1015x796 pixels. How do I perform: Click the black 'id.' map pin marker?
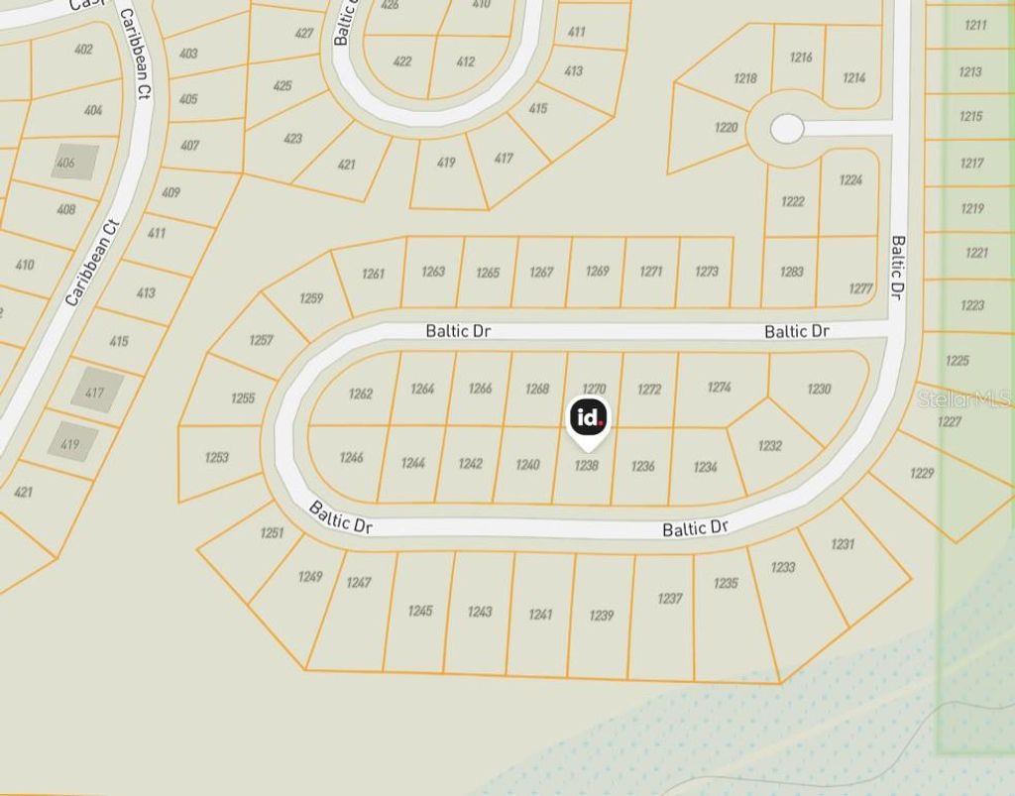tap(589, 418)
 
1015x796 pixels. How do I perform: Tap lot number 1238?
tap(587, 464)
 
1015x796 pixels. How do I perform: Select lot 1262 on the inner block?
tap(361, 394)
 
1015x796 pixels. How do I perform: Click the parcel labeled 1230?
tap(819, 389)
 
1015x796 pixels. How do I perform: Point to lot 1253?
tap(217, 457)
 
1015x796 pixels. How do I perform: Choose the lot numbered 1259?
tap(311, 297)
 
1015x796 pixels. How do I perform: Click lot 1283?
tap(791, 271)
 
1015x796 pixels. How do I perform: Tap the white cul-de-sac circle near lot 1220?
tap(787, 128)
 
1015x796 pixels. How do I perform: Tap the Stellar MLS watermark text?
tap(963, 398)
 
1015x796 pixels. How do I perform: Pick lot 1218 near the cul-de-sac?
tap(745, 78)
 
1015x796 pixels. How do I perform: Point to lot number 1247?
tap(359, 582)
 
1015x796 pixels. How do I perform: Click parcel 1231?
tap(842, 543)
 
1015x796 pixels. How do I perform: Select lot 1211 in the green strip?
tap(975, 24)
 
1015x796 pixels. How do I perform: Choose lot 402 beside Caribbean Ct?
tap(83, 50)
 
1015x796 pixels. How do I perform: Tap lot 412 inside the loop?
tap(465, 61)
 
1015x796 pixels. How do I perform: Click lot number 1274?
tap(720, 387)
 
